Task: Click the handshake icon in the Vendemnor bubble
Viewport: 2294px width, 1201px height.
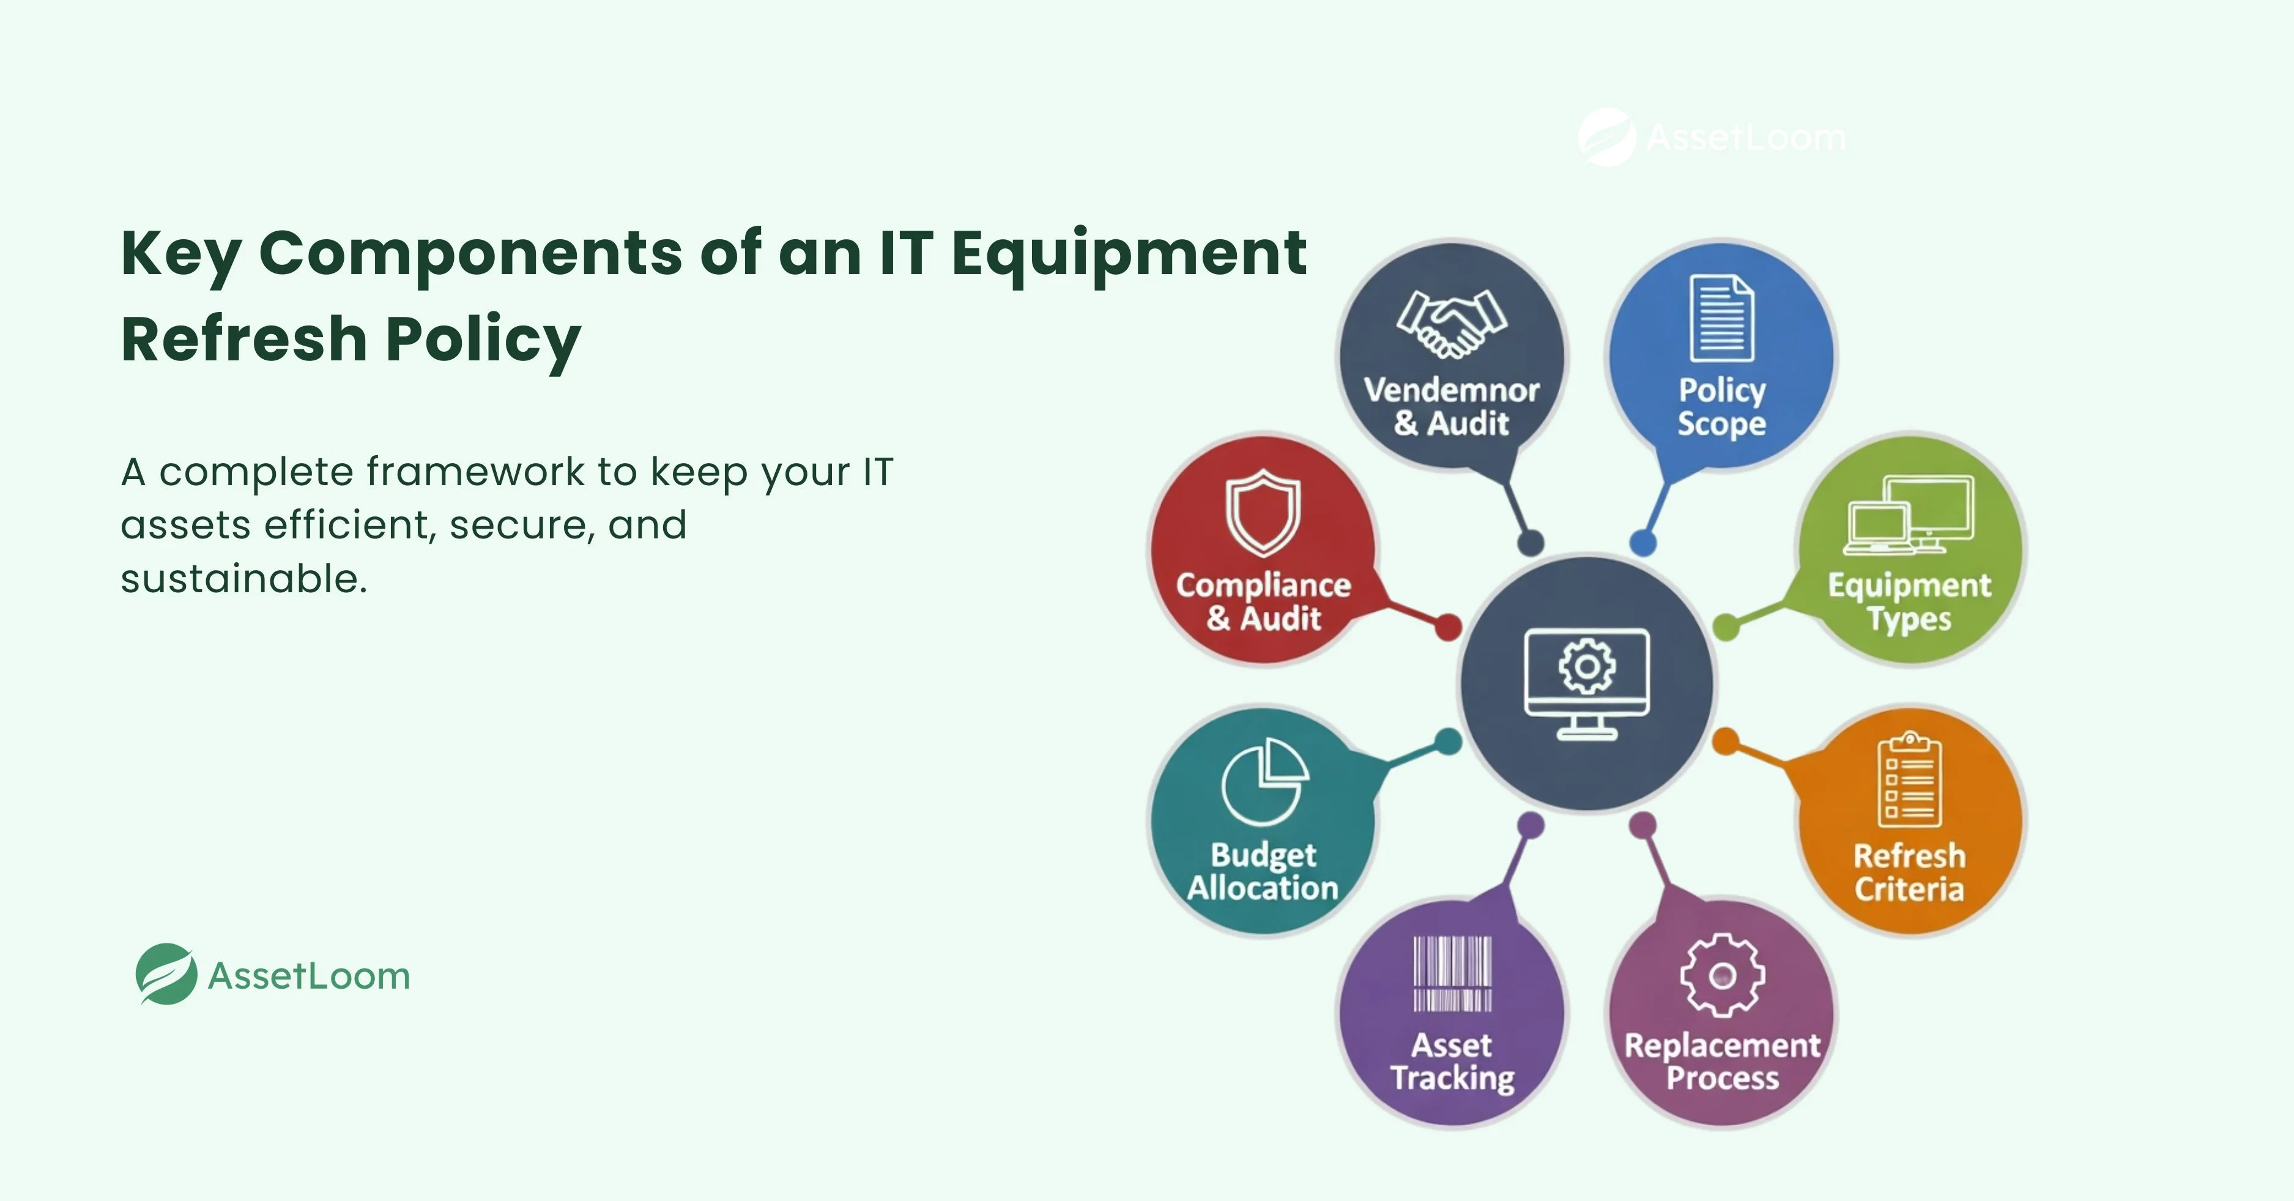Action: coord(1452,325)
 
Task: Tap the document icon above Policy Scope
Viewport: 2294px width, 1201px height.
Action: coord(1721,319)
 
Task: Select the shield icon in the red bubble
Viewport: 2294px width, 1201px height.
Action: coord(1263,513)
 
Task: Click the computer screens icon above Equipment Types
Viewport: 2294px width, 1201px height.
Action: coord(1909,515)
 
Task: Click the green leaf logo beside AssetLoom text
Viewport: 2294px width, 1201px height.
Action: coord(166,974)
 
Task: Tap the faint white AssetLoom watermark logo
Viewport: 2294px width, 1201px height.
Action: coord(1606,137)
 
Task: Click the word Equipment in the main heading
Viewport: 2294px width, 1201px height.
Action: coord(1128,254)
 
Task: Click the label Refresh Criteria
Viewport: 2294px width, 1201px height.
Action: coord(1909,872)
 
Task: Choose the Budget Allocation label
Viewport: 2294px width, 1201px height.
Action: coord(1263,871)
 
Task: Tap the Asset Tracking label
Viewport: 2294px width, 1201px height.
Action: coord(1452,1061)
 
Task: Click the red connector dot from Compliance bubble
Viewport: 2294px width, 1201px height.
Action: coord(1448,627)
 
